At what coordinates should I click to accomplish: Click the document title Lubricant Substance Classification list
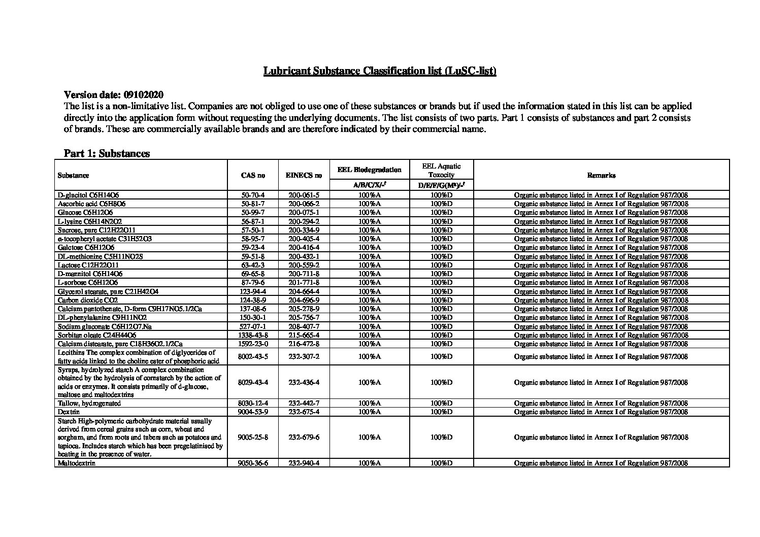[x=379, y=71]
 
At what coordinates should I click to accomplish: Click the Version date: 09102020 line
[x=114, y=95]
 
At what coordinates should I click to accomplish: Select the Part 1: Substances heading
[x=107, y=153]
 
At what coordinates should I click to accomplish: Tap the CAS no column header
[x=253, y=176]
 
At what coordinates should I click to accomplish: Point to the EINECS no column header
[x=304, y=176]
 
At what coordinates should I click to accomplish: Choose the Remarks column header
[x=601, y=176]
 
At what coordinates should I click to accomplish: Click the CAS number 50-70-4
[x=253, y=195]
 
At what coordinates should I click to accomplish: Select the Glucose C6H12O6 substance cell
[x=85, y=212]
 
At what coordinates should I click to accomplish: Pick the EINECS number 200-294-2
[x=304, y=221]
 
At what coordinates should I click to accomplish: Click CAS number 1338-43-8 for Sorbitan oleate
[x=253, y=335]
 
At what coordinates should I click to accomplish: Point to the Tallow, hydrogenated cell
[x=89, y=404]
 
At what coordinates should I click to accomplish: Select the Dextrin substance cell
[x=69, y=412]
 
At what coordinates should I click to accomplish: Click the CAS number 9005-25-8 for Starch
[x=253, y=437]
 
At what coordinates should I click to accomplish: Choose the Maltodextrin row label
[x=77, y=463]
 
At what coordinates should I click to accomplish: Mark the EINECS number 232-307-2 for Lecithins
[x=304, y=356]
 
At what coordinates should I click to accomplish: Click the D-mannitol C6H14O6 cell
[x=90, y=274]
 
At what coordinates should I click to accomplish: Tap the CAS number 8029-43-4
[x=253, y=382]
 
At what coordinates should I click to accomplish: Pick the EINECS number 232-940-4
[x=304, y=463]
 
